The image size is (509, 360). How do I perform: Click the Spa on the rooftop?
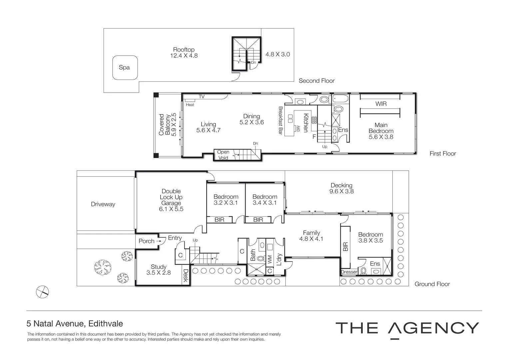(125, 68)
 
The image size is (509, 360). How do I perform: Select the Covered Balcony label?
(168, 125)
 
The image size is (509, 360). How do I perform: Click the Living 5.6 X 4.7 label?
(208, 127)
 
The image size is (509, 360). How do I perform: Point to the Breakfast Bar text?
(280, 121)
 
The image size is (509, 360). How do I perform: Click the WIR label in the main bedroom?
(381, 104)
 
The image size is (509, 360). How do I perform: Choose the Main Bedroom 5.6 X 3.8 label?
(381, 131)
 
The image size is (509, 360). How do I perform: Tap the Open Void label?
(223, 155)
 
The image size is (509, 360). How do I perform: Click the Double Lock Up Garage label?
(171, 200)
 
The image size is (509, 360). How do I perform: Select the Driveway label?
(103, 204)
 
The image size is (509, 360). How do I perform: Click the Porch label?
(147, 241)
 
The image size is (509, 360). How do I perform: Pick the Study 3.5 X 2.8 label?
(159, 269)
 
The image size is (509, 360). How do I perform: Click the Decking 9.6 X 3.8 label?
(341, 188)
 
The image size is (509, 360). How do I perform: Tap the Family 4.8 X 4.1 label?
(311, 236)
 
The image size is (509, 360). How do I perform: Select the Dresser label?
(349, 272)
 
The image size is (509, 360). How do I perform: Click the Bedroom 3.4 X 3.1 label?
(264, 199)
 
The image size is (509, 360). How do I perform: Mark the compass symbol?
(42, 292)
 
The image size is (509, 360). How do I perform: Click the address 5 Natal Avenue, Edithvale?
(75, 324)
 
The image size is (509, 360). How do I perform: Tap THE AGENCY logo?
(407, 328)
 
